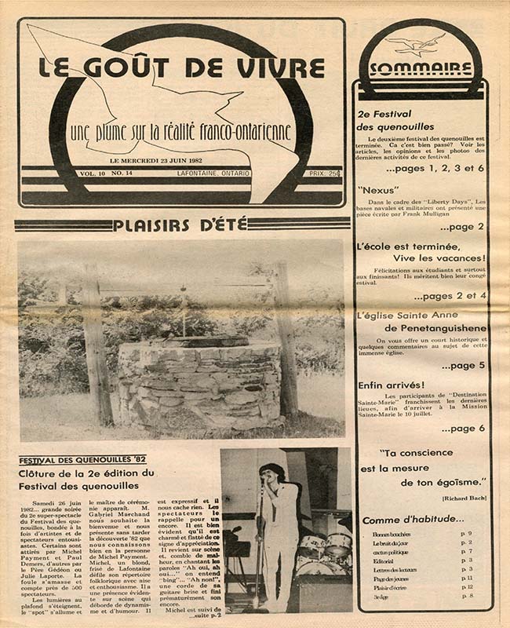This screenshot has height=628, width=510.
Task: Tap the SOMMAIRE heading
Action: click(x=421, y=68)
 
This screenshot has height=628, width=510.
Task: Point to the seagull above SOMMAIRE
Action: click(x=416, y=42)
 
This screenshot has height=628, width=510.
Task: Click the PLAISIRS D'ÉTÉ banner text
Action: click(x=180, y=226)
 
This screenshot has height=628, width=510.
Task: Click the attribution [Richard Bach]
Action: click(x=464, y=498)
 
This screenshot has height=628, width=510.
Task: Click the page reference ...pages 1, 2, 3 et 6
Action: click(x=435, y=169)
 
